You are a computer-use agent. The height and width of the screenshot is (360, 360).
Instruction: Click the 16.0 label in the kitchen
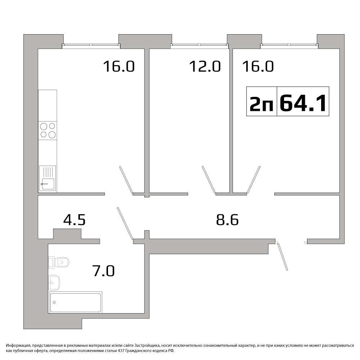pos(119,66)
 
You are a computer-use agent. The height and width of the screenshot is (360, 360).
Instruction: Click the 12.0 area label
pos(205,66)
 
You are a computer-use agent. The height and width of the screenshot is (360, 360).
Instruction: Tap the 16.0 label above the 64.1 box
pos(258,66)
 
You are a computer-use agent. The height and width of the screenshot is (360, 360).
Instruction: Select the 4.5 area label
pos(75,220)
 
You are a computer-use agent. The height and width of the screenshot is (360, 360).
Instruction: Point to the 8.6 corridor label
pos(227,220)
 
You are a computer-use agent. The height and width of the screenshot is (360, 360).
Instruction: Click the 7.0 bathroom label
pos(103,271)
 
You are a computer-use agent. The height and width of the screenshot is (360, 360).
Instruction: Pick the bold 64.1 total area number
pos(303,103)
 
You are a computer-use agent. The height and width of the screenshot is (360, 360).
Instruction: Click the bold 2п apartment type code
pos(261,104)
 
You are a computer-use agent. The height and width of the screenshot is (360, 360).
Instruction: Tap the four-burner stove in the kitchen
pos(48,130)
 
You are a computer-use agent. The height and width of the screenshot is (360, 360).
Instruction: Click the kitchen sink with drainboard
pos(48,178)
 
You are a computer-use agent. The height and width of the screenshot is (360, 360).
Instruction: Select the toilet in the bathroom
pos(59,262)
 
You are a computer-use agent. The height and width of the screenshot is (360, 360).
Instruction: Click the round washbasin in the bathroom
pos(54,283)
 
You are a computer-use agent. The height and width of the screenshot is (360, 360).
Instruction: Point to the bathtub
pos(75,302)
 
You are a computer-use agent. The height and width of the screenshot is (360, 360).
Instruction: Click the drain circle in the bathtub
pos(54,302)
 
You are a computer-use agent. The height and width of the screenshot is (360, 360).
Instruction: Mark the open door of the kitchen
pos(126,180)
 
